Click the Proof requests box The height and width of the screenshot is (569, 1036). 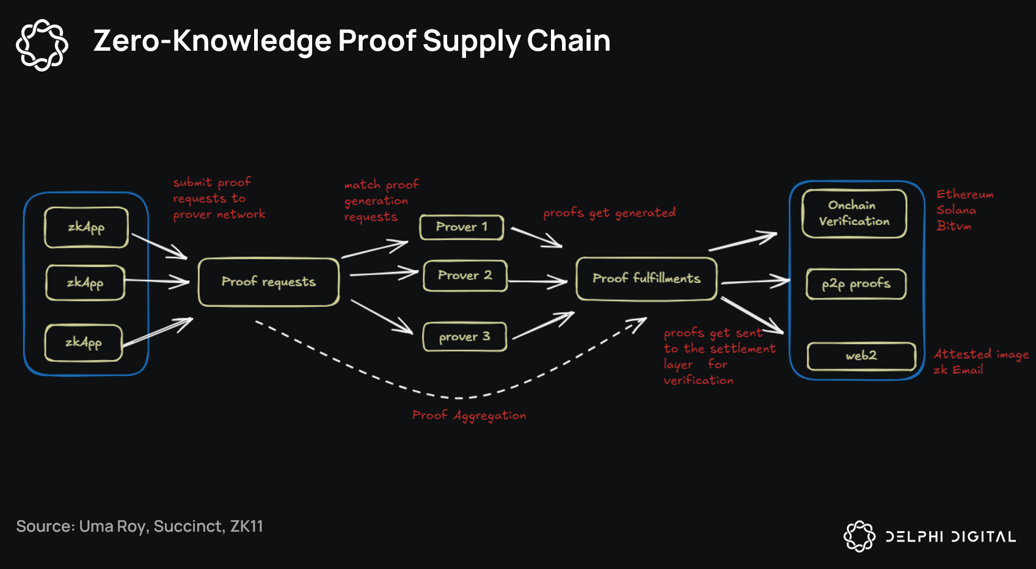point(269,282)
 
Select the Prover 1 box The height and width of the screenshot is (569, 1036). point(462,227)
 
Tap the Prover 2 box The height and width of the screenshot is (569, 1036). point(465,276)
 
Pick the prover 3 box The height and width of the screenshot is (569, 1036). point(465,337)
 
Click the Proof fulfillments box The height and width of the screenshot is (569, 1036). point(646,279)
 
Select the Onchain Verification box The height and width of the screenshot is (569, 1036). point(854,213)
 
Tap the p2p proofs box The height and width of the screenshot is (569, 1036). point(856,284)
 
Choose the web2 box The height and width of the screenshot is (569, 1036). point(861,356)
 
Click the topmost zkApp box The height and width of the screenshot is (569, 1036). point(86,227)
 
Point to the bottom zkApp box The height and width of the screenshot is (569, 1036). point(84,342)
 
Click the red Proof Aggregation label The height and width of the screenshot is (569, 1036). point(469,416)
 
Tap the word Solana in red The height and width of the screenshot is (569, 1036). point(956,210)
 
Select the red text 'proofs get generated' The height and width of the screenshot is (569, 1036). point(609,213)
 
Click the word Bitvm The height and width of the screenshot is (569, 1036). point(954,226)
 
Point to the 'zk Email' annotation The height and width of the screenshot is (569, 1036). point(958,370)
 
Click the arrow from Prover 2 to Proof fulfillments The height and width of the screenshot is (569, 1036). point(538,282)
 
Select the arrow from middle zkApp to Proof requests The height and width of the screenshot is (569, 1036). point(156,281)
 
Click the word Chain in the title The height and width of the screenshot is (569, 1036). point(568,41)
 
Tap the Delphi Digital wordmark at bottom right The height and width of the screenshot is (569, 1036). point(950,537)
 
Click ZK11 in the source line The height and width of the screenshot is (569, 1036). point(246,526)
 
